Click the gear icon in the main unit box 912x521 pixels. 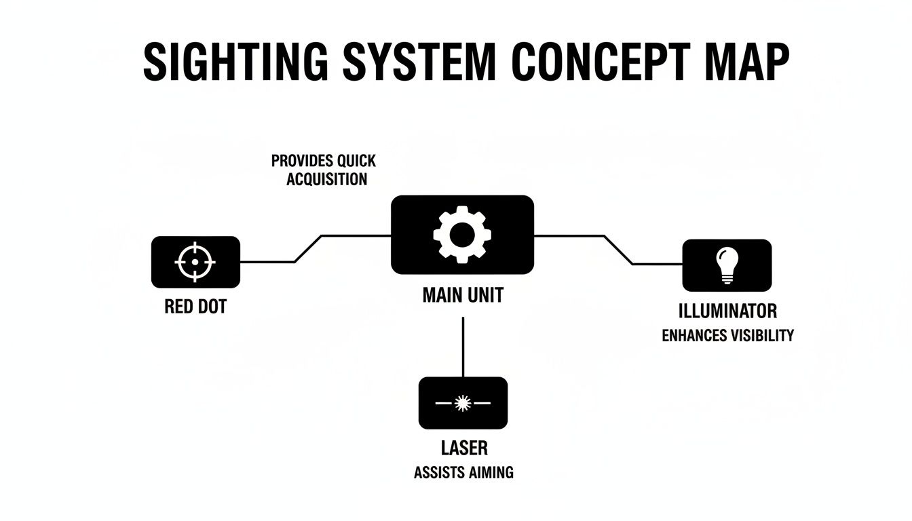[462, 235]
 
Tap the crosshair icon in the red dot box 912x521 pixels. [195, 261]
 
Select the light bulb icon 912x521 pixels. [727, 265]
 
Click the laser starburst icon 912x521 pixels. [463, 403]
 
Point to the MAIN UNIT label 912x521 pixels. [463, 296]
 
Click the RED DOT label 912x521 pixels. [195, 307]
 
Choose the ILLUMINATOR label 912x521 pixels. [727, 311]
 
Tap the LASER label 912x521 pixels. [463, 448]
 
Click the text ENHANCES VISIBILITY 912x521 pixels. [727, 335]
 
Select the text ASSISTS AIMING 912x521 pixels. [463, 473]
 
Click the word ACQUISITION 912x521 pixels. [326, 179]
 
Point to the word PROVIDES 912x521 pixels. [302, 161]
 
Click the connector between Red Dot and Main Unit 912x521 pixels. [307, 248]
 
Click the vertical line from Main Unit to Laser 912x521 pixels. [463, 346]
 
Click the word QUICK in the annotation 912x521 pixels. [356, 161]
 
